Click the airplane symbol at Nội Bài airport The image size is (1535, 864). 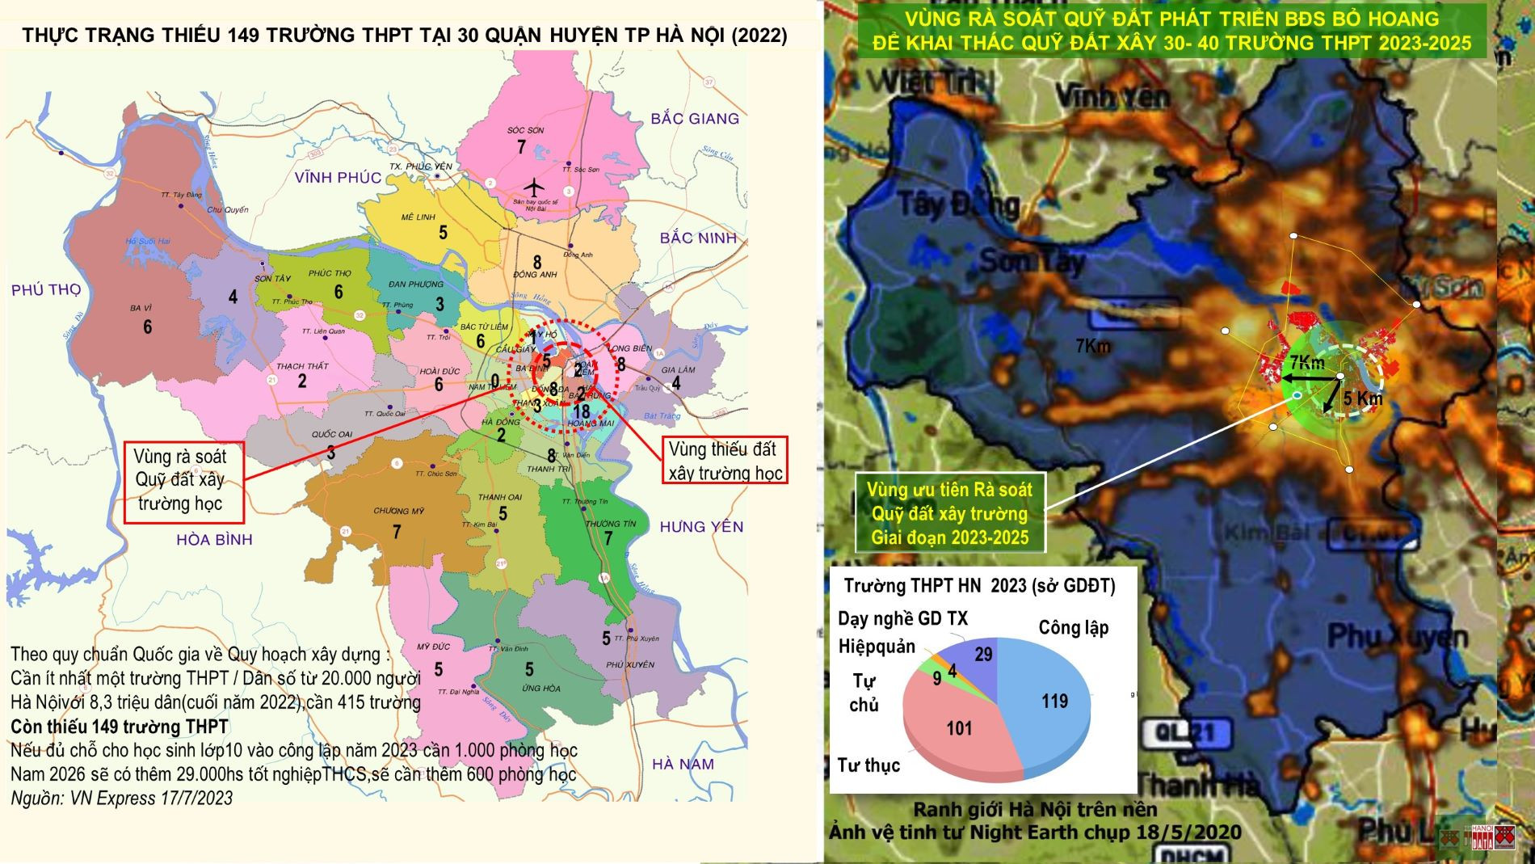tap(532, 187)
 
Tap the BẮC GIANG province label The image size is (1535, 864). tap(695, 119)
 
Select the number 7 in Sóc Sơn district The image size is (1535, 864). tap(522, 147)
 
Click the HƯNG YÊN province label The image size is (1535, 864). tap(701, 527)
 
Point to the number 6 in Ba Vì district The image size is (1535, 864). tap(147, 327)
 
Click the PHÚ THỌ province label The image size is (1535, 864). tap(46, 289)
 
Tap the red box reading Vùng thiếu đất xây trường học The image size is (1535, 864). tap(725, 461)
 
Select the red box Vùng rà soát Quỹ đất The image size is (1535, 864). tap(179, 480)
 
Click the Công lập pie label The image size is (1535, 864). tap(1073, 628)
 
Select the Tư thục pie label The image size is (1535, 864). tap(868, 765)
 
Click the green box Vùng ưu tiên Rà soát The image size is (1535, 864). tap(949, 514)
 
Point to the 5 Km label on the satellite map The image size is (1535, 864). tap(1363, 398)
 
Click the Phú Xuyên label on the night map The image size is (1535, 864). tap(1397, 637)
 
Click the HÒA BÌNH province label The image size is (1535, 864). tap(214, 539)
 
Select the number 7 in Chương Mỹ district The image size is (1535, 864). tap(397, 532)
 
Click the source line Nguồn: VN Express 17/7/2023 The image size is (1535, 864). tap(121, 799)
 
